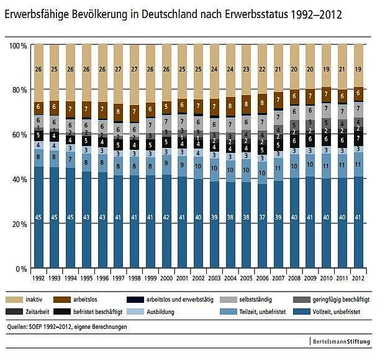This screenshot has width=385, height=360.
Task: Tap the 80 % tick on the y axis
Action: coord(19,90)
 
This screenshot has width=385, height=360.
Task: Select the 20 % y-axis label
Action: coord(19,224)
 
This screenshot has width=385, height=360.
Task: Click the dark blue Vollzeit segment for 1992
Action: coord(38,218)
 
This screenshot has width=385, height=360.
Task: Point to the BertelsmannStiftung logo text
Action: coord(343,341)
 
